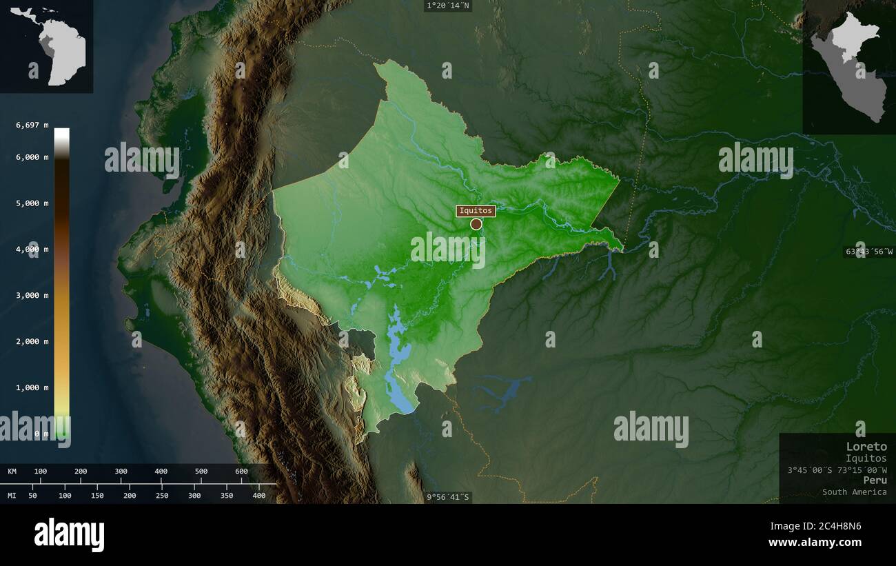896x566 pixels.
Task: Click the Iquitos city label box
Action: [476, 211]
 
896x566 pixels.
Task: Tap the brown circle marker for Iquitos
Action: [476, 224]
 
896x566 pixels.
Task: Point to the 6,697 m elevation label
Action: [32, 125]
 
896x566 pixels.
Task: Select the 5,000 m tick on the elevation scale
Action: [32, 203]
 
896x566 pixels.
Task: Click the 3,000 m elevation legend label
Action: [32, 295]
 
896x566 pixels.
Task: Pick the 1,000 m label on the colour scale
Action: [32, 387]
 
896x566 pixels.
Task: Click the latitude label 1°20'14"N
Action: [448, 6]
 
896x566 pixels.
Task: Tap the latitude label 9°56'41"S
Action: [448, 496]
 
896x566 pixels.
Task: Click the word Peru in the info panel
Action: [875, 480]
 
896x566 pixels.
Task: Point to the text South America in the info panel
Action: [854, 492]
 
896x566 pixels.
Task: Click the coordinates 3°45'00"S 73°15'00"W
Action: [837, 469]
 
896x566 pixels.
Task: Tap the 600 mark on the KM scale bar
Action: [241, 472]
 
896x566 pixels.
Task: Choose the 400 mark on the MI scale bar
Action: [258, 496]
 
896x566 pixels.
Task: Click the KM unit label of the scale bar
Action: [12, 472]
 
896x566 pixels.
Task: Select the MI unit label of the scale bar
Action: [12, 496]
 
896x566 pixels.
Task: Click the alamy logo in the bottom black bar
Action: [69, 535]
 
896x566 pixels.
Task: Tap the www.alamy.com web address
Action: [815, 543]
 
